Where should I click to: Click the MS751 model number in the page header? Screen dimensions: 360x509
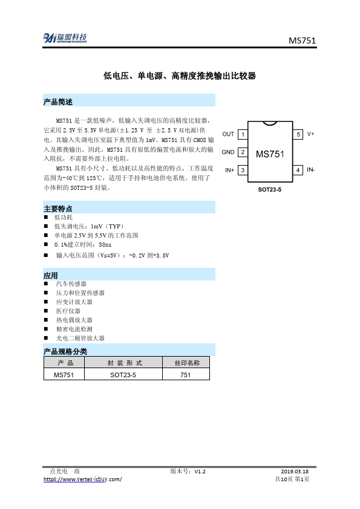click(302, 41)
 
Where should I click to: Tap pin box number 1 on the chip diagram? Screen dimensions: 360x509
click(242, 134)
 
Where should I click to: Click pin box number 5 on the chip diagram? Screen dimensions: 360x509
click(298, 134)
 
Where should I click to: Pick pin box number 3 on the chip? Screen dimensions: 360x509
click(242, 170)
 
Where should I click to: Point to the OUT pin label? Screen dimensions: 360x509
click(228, 134)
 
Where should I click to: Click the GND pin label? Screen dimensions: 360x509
click(227, 152)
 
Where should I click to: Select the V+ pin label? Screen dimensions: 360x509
click(310, 134)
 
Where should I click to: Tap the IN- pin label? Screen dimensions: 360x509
click(311, 170)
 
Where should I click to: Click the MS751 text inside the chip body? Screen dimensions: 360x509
click(270, 154)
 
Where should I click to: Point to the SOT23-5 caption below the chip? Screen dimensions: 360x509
click(270, 190)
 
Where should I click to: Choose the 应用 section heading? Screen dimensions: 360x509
click(51, 275)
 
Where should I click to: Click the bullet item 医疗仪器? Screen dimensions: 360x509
click(68, 311)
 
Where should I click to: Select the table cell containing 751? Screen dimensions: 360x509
click(186, 375)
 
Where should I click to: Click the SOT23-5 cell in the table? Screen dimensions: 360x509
click(123, 375)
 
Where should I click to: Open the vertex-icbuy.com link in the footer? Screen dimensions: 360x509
click(83, 479)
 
